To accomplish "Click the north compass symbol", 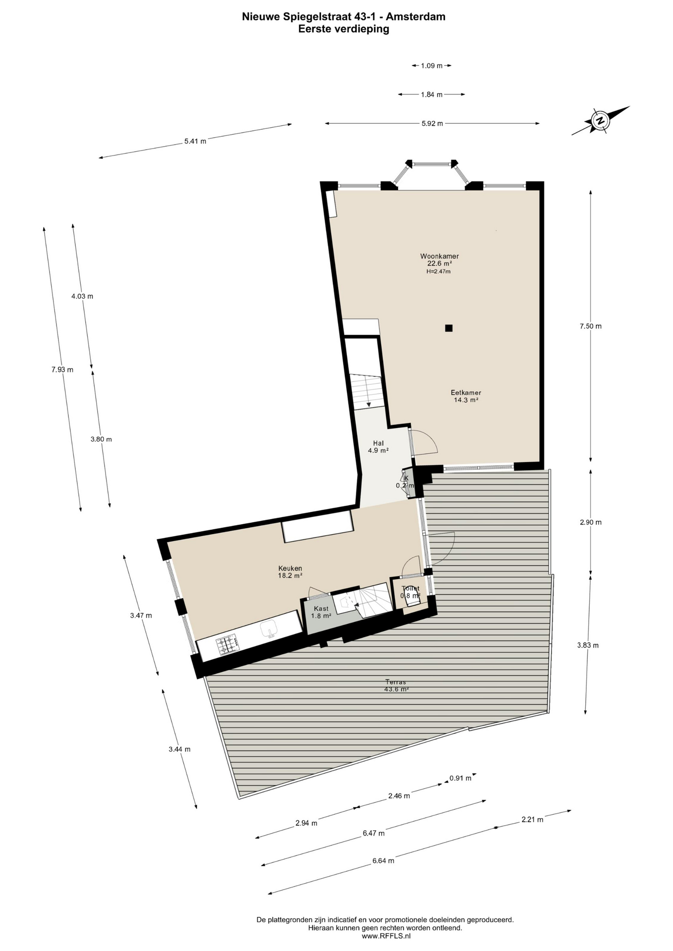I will (x=600, y=120).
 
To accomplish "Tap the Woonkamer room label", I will (x=439, y=257).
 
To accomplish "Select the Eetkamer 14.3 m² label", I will (x=466, y=396).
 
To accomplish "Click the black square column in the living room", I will (x=449, y=328).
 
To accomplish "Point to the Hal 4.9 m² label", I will (x=378, y=447).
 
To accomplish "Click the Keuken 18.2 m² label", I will (x=290, y=572).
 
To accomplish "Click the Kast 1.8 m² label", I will (x=321, y=612).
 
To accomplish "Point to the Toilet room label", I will (x=410, y=588).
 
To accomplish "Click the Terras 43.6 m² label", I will (x=396, y=686).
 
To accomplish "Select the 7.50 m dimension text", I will (x=590, y=326).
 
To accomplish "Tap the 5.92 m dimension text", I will (x=432, y=123).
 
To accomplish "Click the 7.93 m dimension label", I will (x=62, y=370).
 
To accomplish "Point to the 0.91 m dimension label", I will (x=460, y=778).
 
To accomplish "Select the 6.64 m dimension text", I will (x=383, y=861).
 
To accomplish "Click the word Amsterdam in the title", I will (x=415, y=16).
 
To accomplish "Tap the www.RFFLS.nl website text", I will (x=386, y=936).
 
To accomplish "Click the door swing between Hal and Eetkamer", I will (x=424, y=442).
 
